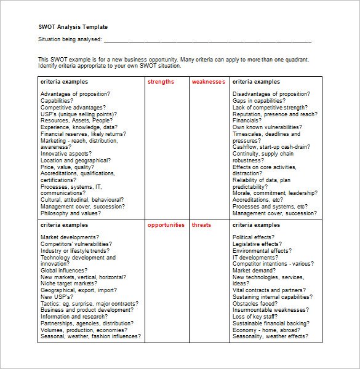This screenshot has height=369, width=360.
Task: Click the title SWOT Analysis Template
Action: click(x=73, y=27)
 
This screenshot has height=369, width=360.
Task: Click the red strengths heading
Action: click(x=161, y=82)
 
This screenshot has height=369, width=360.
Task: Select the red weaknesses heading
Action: click(x=208, y=82)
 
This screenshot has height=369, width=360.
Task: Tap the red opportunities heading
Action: click(x=166, y=225)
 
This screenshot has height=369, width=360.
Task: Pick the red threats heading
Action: click(x=201, y=225)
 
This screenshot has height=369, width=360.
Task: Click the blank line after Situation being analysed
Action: click(x=207, y=41)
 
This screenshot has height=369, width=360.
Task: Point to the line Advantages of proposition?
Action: click(x=75, y=94)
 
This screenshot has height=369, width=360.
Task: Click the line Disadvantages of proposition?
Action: click(x=271, y=94)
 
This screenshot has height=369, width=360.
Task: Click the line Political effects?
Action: click(x=254, y=237)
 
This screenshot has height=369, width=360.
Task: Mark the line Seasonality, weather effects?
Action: click(x=270, y=337)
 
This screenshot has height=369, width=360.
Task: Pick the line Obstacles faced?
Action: click(x=255, y=303)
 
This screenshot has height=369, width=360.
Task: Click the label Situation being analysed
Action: click(x=70, y=41)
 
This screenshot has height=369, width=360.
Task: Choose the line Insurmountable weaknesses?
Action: click(x=270, y=310)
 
